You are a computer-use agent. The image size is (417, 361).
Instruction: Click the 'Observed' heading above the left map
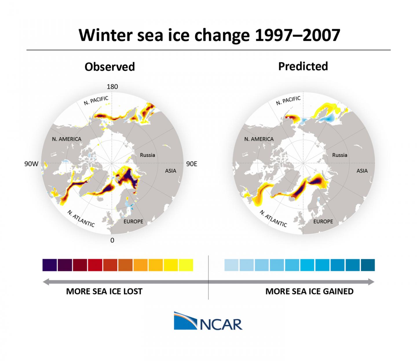109,67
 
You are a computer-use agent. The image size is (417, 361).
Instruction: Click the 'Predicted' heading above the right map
303,66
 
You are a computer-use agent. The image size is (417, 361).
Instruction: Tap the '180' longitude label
112,87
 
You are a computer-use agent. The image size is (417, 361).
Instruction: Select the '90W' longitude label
31,164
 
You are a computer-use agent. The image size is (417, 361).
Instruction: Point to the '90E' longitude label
191,164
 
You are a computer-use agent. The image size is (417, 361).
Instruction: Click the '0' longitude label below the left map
112,240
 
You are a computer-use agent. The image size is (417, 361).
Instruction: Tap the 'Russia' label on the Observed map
147,155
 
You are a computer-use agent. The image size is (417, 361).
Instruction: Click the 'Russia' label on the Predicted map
339,155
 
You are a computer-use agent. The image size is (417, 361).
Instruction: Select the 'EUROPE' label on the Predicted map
323,222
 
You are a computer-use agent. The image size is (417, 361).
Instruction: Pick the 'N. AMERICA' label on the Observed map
67,139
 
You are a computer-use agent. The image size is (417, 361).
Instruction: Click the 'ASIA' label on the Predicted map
362,171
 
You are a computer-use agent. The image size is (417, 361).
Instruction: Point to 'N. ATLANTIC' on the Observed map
81,219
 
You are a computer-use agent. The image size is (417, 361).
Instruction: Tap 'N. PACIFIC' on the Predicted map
288,101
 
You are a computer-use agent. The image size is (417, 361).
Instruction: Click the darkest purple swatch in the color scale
50,265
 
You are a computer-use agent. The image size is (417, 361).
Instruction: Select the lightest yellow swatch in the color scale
186,265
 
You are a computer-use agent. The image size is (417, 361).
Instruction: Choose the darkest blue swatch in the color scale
368,265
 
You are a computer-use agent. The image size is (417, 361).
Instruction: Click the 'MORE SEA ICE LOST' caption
104,291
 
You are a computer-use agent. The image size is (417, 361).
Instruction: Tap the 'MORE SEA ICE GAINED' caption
309,291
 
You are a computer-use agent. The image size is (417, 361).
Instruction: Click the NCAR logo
208,321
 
